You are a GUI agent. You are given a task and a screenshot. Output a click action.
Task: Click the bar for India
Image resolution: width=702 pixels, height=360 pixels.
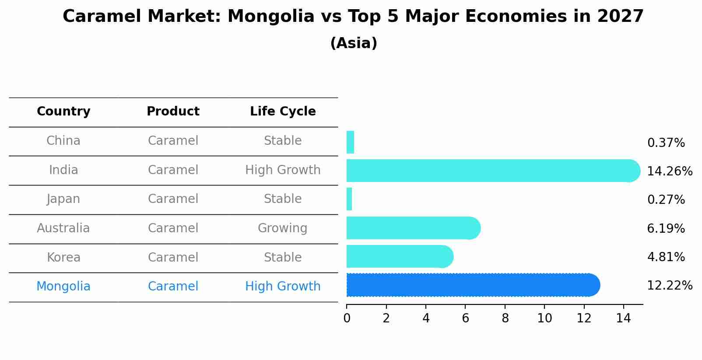click(x=492, y=171)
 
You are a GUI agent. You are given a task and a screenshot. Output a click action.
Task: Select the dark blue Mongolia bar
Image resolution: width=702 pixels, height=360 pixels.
click(x=473, y=285)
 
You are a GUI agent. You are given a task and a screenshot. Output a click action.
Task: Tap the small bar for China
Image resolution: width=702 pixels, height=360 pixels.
click(x=350, y=142)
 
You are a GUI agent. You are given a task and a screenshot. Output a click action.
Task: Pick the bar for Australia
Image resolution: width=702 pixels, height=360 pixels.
click(x=413, y=228)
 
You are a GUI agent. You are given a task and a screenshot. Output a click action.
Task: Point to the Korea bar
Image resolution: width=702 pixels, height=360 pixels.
click(x=399, y=256)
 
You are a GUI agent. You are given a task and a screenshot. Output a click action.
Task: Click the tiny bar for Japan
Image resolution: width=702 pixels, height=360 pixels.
click(x=349, y=199)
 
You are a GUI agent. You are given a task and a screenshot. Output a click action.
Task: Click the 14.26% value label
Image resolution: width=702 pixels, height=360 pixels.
click(x=669, y=171)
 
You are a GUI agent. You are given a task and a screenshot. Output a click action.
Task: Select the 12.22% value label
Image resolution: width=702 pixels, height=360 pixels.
click(x=669, y=286)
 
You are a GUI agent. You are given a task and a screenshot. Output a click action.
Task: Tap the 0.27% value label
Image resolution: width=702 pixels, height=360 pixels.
click(x=666, y=200)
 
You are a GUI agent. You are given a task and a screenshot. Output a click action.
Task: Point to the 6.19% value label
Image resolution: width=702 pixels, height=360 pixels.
click(x=666, y=229)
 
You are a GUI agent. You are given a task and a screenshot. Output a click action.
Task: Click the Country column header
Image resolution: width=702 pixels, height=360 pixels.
click(x=63, y=112)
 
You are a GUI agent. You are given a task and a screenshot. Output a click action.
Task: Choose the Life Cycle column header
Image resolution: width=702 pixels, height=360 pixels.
click(x=283, y=112)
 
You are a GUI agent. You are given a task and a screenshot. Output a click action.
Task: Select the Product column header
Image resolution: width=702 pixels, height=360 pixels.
click(x=173, y=112)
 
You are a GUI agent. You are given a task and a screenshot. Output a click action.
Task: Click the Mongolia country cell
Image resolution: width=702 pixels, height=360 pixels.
click(x=63, y=287)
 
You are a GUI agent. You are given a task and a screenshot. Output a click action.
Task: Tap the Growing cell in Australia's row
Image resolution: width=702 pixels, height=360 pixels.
click(x=282, y=228)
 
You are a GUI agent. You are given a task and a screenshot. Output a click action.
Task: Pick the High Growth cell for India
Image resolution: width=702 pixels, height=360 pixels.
click(x=283, y=170)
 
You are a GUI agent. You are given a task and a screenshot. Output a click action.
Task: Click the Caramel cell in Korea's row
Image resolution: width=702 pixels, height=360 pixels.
click(x=173, y=258)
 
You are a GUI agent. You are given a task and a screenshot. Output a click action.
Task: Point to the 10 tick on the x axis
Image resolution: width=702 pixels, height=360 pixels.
click(x=544, y=318)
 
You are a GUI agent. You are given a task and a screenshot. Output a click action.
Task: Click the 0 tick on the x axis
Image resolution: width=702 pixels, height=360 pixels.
click(x=347, y=318)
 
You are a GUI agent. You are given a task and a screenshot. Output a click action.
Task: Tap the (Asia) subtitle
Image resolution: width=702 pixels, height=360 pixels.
click(x=354, y=43)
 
